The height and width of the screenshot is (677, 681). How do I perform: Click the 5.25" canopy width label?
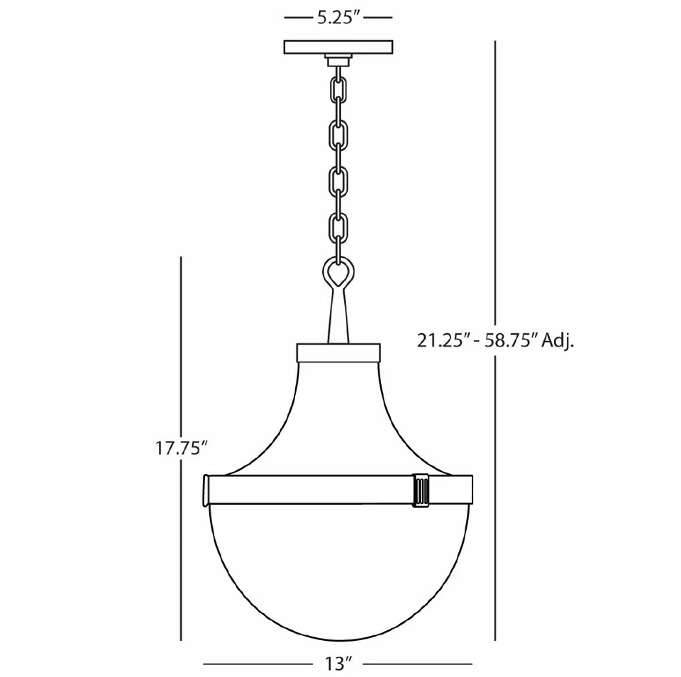tap(338, 19)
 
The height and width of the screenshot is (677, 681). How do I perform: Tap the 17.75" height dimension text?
tap(181, 447)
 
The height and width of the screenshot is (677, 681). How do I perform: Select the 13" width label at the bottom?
tap(338, 664)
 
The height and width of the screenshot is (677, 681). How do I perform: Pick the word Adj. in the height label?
tap(558, 341)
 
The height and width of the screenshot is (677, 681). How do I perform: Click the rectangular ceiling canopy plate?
tap(338, 47)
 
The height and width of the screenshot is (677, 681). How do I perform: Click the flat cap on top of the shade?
tap(338, 352)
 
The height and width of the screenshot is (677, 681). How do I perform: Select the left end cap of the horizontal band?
tap(206, 491)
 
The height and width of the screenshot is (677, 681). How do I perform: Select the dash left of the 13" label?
tap(258, 664)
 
